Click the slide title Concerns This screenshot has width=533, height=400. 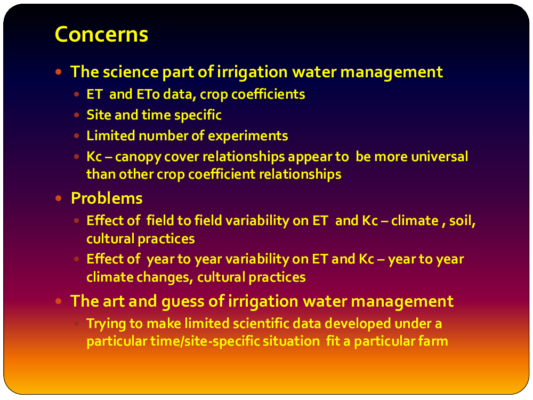tap(101, 34)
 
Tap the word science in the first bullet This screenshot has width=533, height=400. tap(131, 72)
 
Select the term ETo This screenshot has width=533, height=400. tap(148, 94)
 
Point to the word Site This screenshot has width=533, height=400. tap(99, 115)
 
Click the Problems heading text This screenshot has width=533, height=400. tap(107, 198)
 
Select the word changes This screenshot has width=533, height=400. tap(165, 277)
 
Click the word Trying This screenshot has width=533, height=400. tap(106, 324)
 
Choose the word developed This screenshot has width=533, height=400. tap(358, 324)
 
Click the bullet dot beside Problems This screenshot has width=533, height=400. tap(59, 198)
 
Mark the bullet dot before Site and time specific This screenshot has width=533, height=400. tap(76, 115)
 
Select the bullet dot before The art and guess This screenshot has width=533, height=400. tap(59, 301)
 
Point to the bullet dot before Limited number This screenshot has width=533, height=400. tap(76, 135)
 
